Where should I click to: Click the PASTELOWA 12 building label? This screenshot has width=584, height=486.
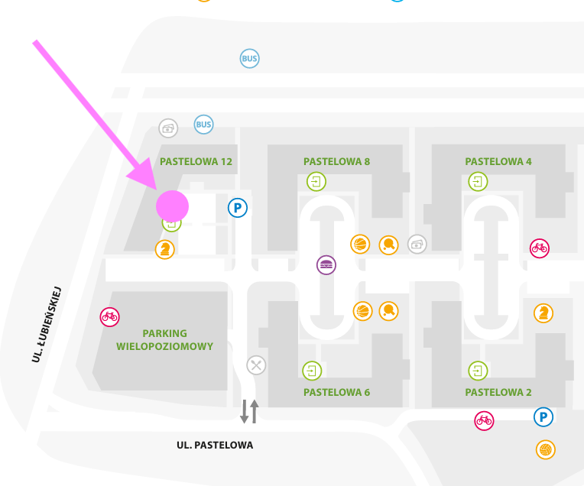pos(196,162)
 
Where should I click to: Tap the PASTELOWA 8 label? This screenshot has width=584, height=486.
pos(336,162)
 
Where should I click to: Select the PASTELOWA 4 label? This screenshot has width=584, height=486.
pos(498,162)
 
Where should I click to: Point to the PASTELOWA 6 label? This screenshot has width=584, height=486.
pos(336,393)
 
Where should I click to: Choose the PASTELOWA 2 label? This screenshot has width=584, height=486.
pos(498,393)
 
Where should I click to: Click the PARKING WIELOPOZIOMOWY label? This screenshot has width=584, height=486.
pos(164,340)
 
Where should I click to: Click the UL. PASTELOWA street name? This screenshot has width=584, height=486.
pos(215,446)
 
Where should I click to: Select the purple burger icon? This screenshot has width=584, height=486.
pos(326,265)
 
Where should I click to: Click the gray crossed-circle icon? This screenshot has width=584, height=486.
pos(256,364)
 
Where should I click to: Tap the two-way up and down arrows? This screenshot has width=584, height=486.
pos(250,411)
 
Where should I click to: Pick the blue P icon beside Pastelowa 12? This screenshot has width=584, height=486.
pos(238,207)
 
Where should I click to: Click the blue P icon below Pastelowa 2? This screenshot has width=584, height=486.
pos(543,417)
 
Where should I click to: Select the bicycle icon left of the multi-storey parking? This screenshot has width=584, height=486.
pos(109,316)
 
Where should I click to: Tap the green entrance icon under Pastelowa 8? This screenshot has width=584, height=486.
pos(316,182)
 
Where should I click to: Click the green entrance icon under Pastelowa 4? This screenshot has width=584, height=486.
pos(479,182)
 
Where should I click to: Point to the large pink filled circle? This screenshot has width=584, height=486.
pos(172,206)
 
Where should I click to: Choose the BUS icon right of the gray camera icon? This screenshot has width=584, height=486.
pos(203,124)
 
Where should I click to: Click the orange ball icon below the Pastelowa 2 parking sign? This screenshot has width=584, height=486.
pos(545,449)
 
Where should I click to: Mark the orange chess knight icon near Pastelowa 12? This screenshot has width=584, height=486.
pos(164,249)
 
